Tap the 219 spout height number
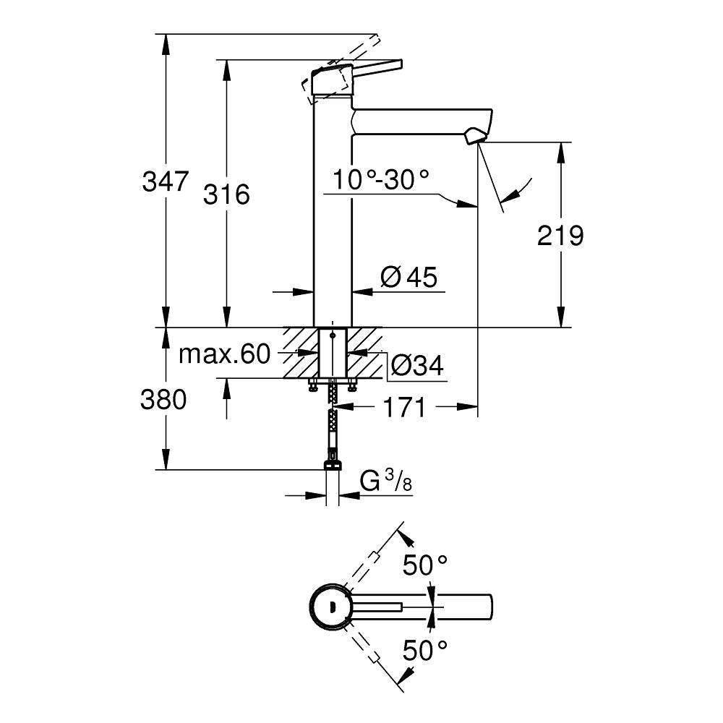[560, 236]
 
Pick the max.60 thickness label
[223, 354]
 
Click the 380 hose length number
[163, 400]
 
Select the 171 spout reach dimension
[403, 409]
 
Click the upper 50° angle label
[425, 565]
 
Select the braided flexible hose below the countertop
[333, 419]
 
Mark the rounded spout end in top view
[487, 606]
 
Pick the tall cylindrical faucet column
[332, 217]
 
